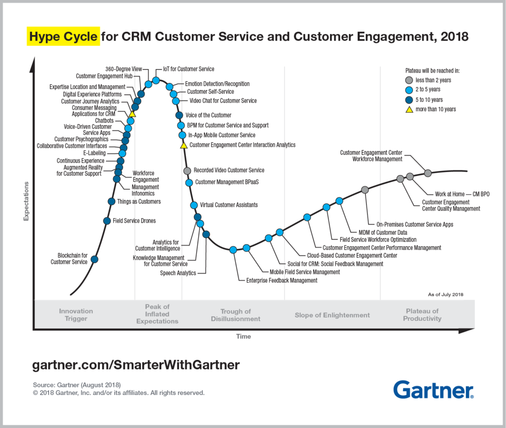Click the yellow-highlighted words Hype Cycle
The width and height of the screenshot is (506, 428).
coord(63,37)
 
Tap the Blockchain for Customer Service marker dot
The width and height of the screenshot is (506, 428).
coord(94,259)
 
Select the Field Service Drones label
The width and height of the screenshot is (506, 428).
coord(134,221)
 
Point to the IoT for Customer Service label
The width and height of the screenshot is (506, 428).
coord(189,69)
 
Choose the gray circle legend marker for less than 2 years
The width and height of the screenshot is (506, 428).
coord(409,80)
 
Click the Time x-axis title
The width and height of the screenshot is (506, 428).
coord(243,337)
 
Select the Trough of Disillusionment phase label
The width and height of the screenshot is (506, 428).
coord(235,315)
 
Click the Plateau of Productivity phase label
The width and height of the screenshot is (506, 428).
coord(422,315)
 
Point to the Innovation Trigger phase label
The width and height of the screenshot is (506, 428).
coord(76,315)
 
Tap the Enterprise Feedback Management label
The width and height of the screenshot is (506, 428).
coord(282,281)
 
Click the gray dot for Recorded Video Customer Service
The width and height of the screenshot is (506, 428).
coord(187,171)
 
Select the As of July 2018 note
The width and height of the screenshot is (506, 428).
coord(445,295)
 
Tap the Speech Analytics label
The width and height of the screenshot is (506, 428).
coord(178,273)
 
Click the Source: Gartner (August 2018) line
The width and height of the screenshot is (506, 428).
coord(77,385)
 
